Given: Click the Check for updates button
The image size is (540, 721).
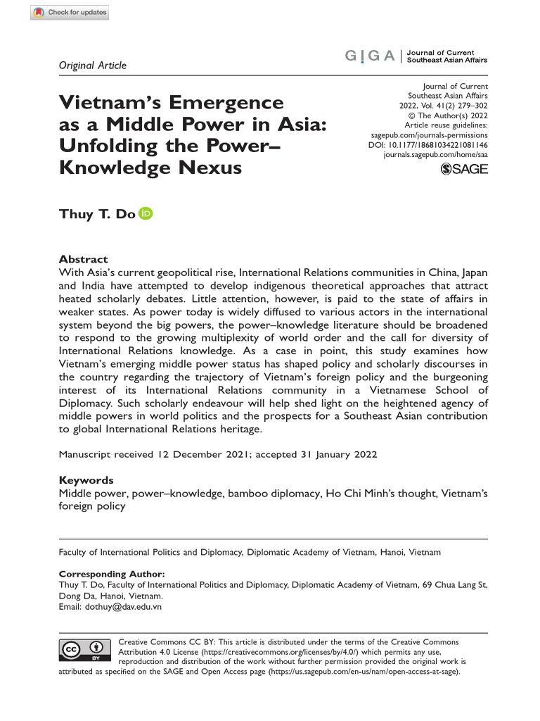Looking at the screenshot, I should pos(70,13).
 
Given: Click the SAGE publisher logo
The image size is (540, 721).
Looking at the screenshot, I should pos(463,169).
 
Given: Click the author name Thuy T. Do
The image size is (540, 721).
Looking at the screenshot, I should pos(97,214).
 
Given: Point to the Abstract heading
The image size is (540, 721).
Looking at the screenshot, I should pos(83,259).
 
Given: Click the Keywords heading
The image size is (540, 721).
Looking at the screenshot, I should pos(87,479).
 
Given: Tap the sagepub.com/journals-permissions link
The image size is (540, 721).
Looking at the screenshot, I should pos(429,134).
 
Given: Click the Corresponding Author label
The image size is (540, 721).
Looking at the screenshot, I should pos(108,575).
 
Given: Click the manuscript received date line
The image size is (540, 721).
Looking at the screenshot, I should pos(217,454).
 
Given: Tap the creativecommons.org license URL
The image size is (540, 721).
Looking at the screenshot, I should pos(257,652).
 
